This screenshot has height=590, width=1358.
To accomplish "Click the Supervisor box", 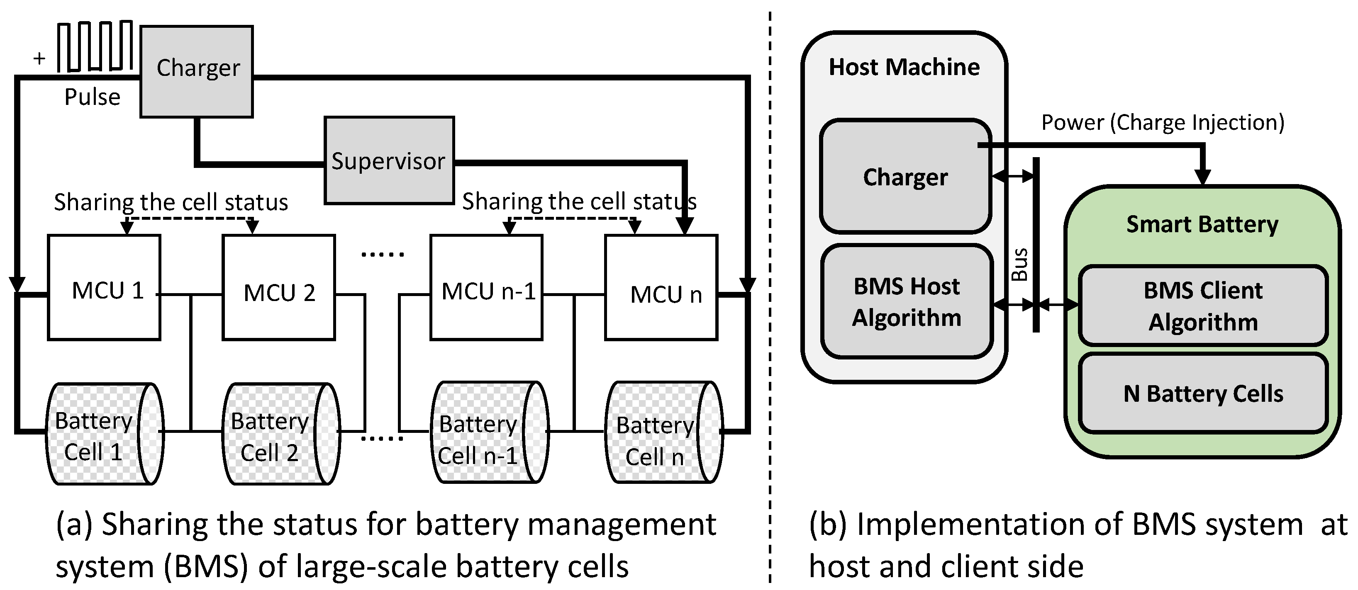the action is (389, 160).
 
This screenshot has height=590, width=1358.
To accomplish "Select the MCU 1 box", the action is (104, 287).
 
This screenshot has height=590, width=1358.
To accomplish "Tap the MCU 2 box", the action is (278, 287).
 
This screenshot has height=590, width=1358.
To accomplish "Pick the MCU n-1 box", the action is (486, 287).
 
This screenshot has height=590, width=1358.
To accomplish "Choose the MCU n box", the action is (661, 287).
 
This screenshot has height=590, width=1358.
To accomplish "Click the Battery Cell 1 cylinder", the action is (105, 434).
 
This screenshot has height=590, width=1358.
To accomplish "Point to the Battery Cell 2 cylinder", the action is (281, 434).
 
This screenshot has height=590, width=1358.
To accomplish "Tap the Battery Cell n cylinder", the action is (664, 432).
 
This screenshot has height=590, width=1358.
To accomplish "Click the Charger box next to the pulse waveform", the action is (197, 71).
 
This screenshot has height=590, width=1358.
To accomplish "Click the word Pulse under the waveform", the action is (92, 97).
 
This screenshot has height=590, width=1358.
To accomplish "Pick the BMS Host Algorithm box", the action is (907, 301).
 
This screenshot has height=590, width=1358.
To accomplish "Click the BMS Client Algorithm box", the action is (1203, 306).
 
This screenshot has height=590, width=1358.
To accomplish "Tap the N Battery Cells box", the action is (1203, 393).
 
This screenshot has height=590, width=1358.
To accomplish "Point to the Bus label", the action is (1019, 264).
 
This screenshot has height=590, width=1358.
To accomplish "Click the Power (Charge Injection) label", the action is (1163, 122).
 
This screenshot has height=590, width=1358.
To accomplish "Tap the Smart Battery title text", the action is (1202, 224).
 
